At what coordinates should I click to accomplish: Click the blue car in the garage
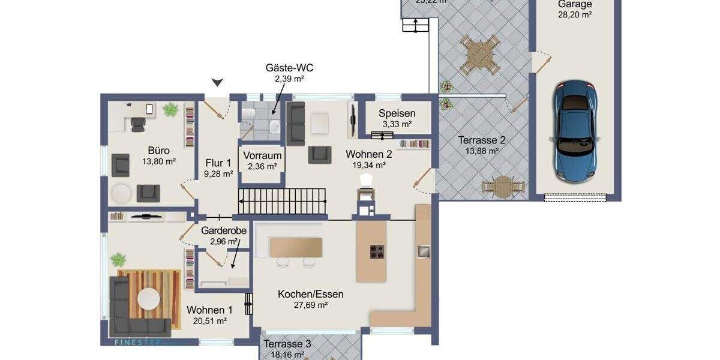point(575,132)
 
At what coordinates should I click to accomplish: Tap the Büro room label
point(158,151)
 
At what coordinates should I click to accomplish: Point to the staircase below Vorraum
point(283,201)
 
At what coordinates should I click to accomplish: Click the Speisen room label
point(397,113)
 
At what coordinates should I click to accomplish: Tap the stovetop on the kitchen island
point(377,252)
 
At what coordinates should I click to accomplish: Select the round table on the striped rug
point(149,298)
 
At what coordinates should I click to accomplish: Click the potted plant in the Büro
point(170,109)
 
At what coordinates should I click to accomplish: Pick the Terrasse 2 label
point(481,140)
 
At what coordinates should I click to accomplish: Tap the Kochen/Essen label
point(310,294)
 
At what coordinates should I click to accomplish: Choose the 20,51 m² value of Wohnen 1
point(209,321)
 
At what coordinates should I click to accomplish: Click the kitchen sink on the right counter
point(424,251)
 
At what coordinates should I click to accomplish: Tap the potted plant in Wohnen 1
point(119,260)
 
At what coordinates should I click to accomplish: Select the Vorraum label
point(262,155)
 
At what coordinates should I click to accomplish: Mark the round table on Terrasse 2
point(499,185)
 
